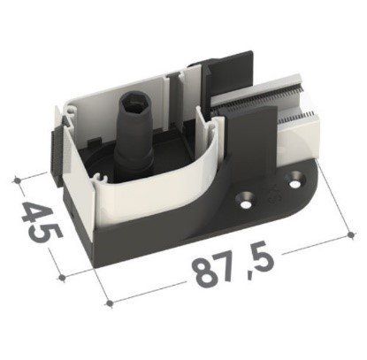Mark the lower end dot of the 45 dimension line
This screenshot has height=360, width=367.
click(x=62, y=277)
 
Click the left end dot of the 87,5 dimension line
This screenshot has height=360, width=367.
click(x=110, y=303)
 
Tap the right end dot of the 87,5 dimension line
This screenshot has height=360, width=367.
click(x=350, y=234)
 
